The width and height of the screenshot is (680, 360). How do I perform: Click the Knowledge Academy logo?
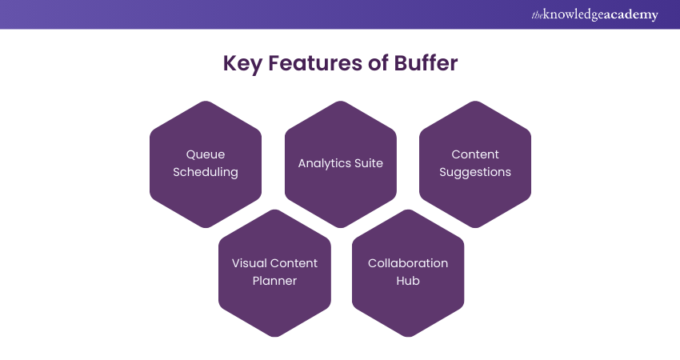pyautogui.click(x=594, y=14)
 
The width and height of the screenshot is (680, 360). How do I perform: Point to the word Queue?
pyautogui.click(x=206, y=154)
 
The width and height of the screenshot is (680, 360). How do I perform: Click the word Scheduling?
pyautogui.click(x=206, y=172)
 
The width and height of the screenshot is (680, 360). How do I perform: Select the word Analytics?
pyautogui.click(x=325, y=163)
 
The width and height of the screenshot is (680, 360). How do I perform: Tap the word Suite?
pyautogui.click(x=369, y=163)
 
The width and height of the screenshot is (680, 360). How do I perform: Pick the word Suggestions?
pyautogui.click(x=475, y=172)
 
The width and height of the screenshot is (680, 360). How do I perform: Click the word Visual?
pyautogui.click(x=248, y=263)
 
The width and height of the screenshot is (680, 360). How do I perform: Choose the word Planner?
pyautogui.click(x=274, y=281)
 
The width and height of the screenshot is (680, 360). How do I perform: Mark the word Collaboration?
pyautogui.click(x=408, y=263)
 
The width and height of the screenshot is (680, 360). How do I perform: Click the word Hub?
pyautogui.click(x=408, y=281)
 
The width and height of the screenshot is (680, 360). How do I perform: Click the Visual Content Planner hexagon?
pyautogui.click(x=274, y=308)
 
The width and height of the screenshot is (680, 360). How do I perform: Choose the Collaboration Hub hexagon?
pyautogui.click(x=408, y=308)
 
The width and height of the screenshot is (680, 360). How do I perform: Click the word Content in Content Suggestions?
pyautogui.click(x=475, y=154)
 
